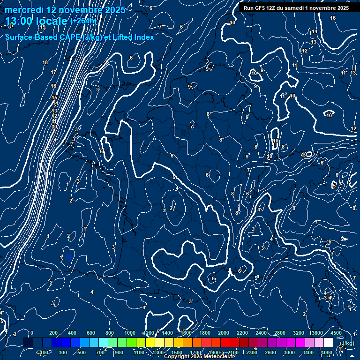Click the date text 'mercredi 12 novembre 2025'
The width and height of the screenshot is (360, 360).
(x=65, y=10)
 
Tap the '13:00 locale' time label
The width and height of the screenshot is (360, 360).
(x=37, y=21)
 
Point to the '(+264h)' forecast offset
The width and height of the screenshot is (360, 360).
(x=83, y=21)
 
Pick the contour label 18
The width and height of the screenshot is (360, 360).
(x=45, y=62)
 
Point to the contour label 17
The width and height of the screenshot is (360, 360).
(x=53, y=72)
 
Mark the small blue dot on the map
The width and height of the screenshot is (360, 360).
(x=69, y=257)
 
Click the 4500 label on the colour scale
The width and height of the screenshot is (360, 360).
(x=336, y=333)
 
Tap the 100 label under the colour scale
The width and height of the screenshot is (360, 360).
(x=44, y=352)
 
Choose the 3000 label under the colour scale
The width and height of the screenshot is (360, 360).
(x=289, y=352)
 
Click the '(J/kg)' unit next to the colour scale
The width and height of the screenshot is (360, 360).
(x=347, y=344)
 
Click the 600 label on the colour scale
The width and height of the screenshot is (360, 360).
(x=91, y=333)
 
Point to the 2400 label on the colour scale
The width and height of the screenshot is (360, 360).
(x=261, y=333)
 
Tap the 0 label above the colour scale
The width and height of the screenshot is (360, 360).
(x=32, y=333)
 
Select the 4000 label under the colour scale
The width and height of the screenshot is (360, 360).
(x=327, y=352)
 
